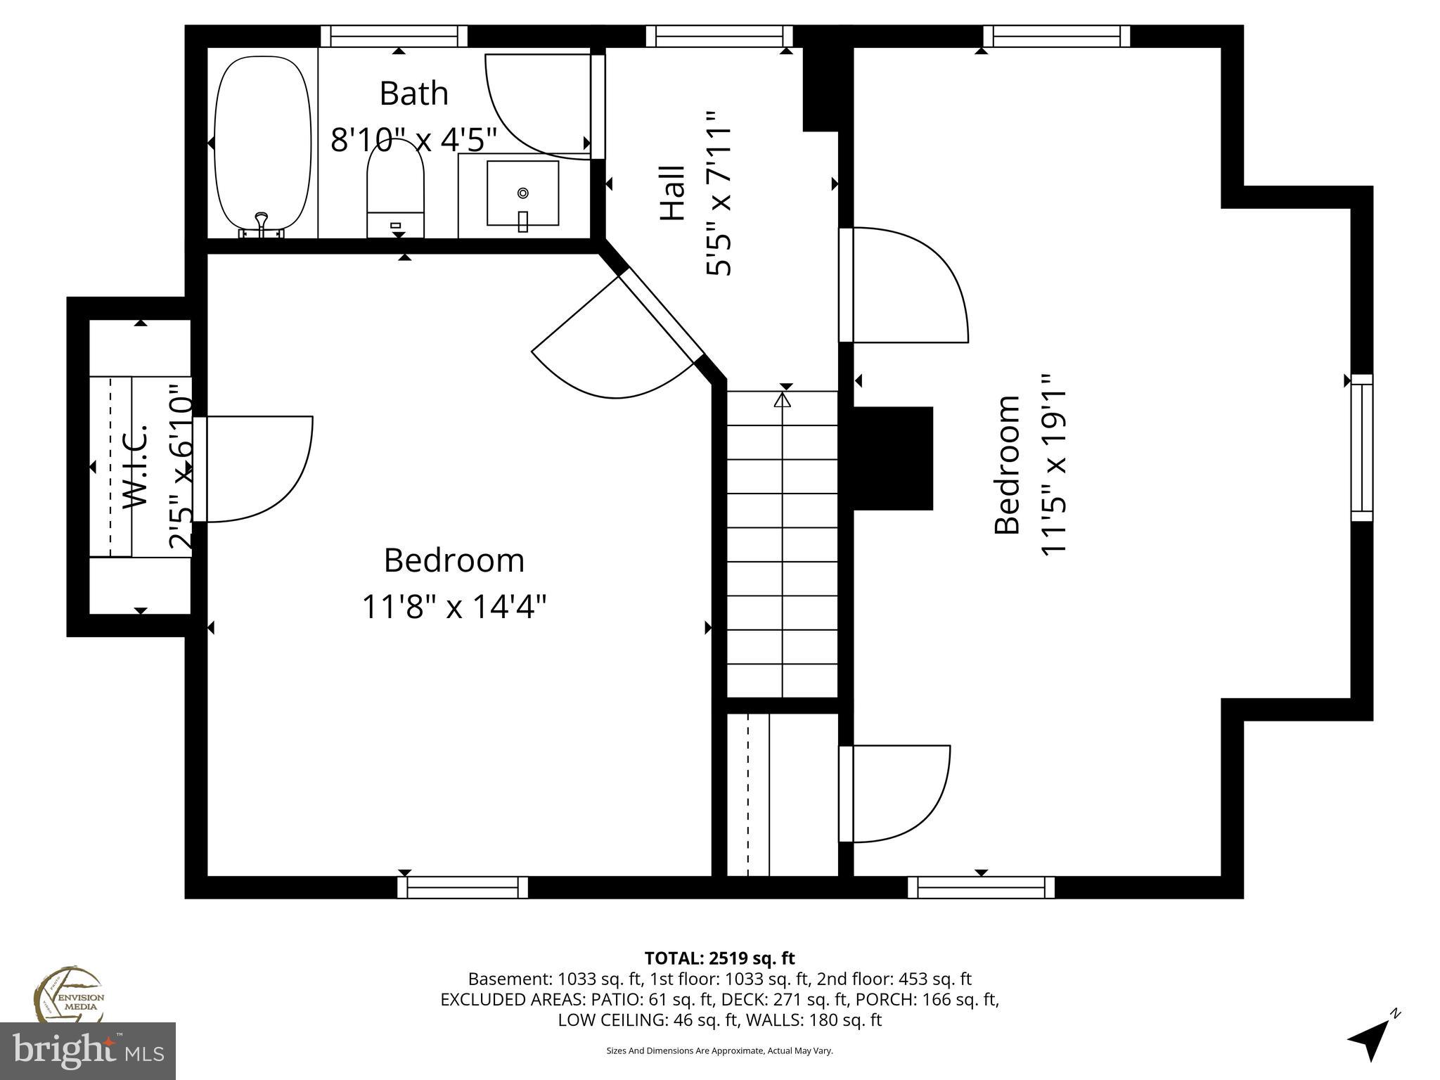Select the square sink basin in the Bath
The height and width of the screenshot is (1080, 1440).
tap(522, 193)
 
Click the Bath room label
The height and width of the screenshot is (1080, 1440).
tap(413, 94)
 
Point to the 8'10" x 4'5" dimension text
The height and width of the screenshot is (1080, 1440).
tap(413, 139)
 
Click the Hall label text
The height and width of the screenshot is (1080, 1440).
tap(673, 193)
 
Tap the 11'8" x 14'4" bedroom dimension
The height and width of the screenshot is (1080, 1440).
tap(454, 606)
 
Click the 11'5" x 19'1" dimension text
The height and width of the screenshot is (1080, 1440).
tap(1053, 464)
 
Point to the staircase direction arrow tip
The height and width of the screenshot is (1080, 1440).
tap(782, 399)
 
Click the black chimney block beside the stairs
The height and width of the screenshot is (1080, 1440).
tap(892, 458)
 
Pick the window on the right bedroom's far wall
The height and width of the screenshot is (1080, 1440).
tap(1361, 447)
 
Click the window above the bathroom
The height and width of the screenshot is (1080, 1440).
tap(394, 36)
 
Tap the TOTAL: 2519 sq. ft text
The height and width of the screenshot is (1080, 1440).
tap(719, 958)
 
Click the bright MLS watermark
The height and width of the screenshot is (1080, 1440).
tap(88, 1050)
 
